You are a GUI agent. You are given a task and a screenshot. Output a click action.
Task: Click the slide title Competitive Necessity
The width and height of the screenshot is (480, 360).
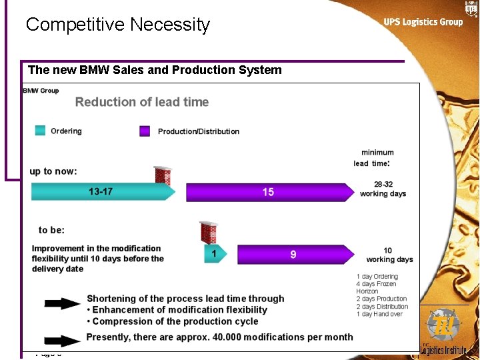117,25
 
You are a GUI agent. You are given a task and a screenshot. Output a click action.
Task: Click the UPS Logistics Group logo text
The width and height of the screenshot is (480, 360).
423,22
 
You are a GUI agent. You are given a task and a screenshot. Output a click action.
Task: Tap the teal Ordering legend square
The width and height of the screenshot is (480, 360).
40,131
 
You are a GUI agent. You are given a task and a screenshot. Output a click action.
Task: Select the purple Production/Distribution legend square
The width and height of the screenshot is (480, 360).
145,131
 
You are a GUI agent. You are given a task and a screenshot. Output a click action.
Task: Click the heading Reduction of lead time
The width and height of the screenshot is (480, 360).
142,102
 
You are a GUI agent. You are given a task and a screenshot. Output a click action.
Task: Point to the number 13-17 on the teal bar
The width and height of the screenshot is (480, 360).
101,192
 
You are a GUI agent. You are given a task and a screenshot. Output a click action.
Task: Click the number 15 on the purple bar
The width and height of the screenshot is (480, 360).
268,192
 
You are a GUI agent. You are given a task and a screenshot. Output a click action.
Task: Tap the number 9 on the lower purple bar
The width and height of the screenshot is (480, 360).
293,254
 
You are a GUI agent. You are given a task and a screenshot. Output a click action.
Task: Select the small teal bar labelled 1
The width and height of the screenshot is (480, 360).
213,254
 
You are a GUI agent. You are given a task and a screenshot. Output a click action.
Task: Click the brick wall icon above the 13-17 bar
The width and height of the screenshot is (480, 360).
163,175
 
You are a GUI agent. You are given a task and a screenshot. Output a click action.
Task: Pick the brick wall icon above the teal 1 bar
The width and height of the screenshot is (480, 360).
209,233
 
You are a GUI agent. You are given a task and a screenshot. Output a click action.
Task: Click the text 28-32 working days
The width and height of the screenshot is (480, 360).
383,189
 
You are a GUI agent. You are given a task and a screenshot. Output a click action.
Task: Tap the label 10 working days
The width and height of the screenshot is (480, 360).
389,255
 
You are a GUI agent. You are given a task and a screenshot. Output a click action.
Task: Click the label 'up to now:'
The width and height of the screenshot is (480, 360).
53,171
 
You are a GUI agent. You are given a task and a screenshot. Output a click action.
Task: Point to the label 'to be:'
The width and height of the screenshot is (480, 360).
51,230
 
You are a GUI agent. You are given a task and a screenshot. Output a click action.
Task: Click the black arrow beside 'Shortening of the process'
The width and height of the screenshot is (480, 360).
63,303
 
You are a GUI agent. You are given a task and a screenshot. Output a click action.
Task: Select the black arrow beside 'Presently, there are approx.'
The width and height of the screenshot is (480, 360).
63,339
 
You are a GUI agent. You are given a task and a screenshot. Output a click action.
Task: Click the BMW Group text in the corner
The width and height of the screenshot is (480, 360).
41,91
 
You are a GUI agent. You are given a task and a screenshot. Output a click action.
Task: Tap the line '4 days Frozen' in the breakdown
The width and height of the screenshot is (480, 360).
376,284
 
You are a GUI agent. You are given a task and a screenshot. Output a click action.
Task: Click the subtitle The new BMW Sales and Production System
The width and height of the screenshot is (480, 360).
155,70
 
